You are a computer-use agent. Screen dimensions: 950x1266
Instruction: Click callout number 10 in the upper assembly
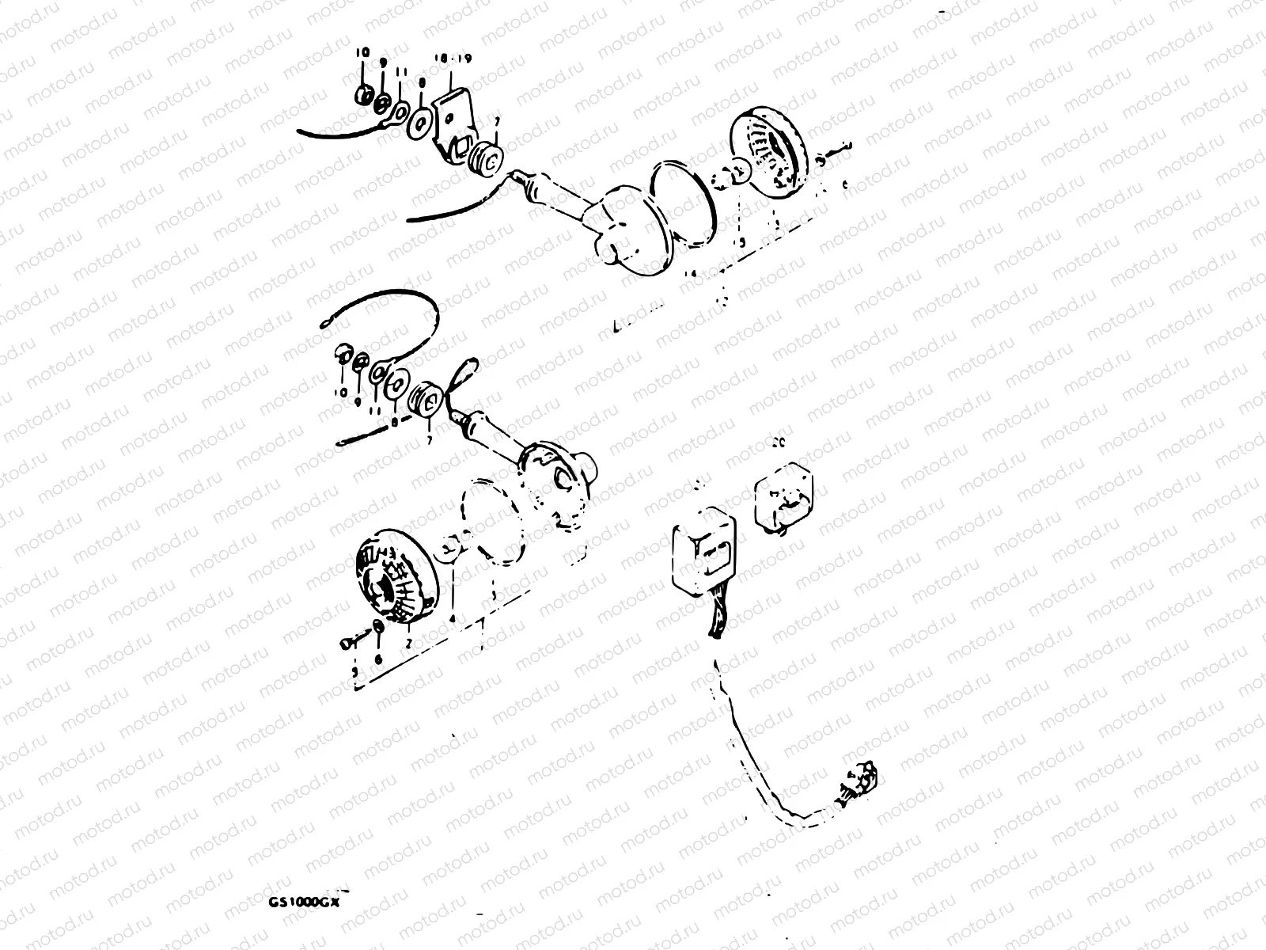[x=362, y=52]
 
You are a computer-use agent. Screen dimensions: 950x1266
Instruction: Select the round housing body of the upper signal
[x=633, y=230]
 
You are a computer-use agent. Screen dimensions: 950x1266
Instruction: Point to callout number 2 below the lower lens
[x=408, y=642]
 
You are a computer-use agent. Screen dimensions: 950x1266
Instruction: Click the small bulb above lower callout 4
[x=448, y=547]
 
